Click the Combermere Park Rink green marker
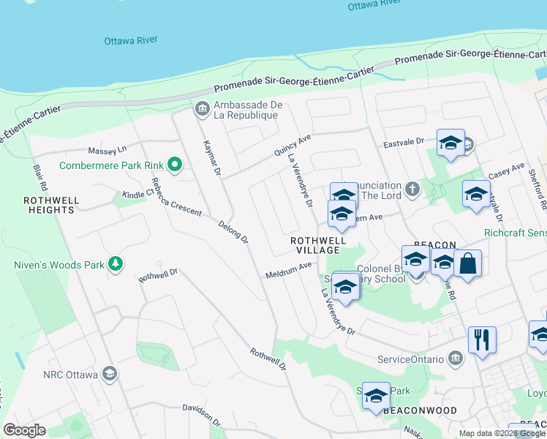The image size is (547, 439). (x=174, y=165)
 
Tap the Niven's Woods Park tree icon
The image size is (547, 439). (x=115, y=263)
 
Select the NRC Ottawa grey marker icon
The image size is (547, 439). (x=109, y=375)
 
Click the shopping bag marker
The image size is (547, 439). (x=468, y=263)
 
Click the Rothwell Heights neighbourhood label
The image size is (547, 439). (x=49, y=204)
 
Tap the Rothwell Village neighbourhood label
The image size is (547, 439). (x=317, y=244)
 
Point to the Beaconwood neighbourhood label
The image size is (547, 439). (x=420, y=411)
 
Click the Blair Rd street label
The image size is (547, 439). (x=39, y=178)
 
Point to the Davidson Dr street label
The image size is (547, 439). (x=201, y=415)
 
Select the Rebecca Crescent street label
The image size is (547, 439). (x=176, y=196)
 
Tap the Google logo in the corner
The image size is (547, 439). (x=23, y=430)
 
